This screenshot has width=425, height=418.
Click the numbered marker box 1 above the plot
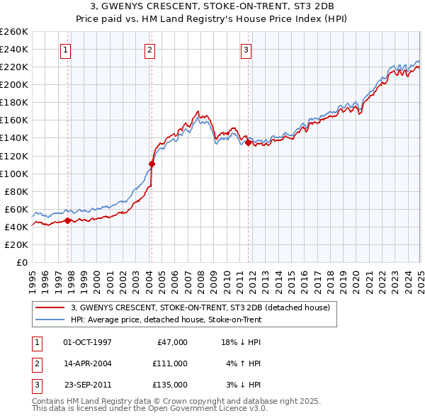[65, 50]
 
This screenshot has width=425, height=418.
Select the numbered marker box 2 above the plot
[151, 50]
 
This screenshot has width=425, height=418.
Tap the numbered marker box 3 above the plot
[246, 50]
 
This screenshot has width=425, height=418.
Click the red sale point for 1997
[68, 220]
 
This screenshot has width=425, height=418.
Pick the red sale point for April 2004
[152, 164]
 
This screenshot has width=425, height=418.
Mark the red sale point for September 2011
[248, 142]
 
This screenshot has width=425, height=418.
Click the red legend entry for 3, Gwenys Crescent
[200, 307]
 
